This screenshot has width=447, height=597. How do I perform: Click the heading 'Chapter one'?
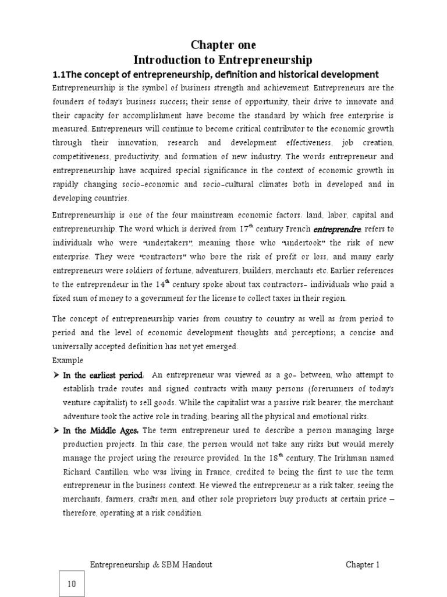coord(223,45)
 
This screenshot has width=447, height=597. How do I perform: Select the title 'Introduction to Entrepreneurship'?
coord(223,60)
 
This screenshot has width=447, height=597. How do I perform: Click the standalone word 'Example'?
coord(68,360)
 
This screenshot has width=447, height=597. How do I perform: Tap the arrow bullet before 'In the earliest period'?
coord(56,374)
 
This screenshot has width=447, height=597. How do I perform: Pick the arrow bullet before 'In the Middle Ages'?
coord(56,430)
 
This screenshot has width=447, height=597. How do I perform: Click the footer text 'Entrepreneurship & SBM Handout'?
coord(151,564)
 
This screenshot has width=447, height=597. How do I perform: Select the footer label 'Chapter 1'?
coord(363,564)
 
